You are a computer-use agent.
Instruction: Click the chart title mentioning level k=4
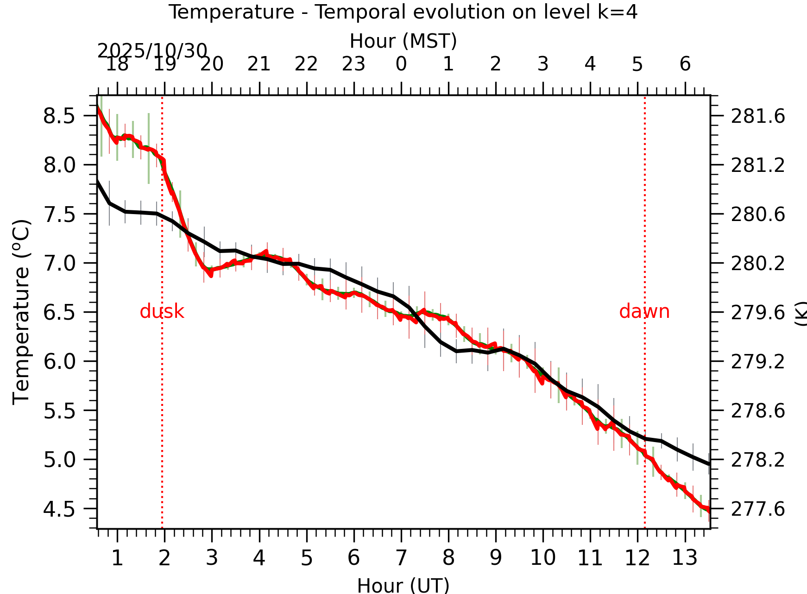coord(403,12)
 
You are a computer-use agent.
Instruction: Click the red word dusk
coord(162,311)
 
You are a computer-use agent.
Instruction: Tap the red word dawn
coord(644,311)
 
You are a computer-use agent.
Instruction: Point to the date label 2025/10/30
coord(152,51)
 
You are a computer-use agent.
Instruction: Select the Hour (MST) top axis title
coord(403,41)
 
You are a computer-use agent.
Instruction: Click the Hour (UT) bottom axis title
coord(403,585)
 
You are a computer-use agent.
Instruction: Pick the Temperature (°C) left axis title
coord(21,311)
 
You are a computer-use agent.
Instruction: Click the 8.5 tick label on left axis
coord(59,116)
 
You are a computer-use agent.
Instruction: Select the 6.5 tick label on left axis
coord(59,312)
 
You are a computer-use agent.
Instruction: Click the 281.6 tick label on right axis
coord(758,116)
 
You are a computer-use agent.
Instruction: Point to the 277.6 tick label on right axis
coord(758,509)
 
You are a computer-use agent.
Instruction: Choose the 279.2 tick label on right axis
coord(758,361)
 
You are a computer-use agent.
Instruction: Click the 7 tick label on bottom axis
coord(401,558)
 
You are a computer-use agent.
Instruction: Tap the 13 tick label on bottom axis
coord(685,558)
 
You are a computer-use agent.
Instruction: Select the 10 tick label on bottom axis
coord(543,558)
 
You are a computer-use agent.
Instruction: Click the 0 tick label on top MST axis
coord(401,64)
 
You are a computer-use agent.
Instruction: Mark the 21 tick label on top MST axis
coord(259,64)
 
